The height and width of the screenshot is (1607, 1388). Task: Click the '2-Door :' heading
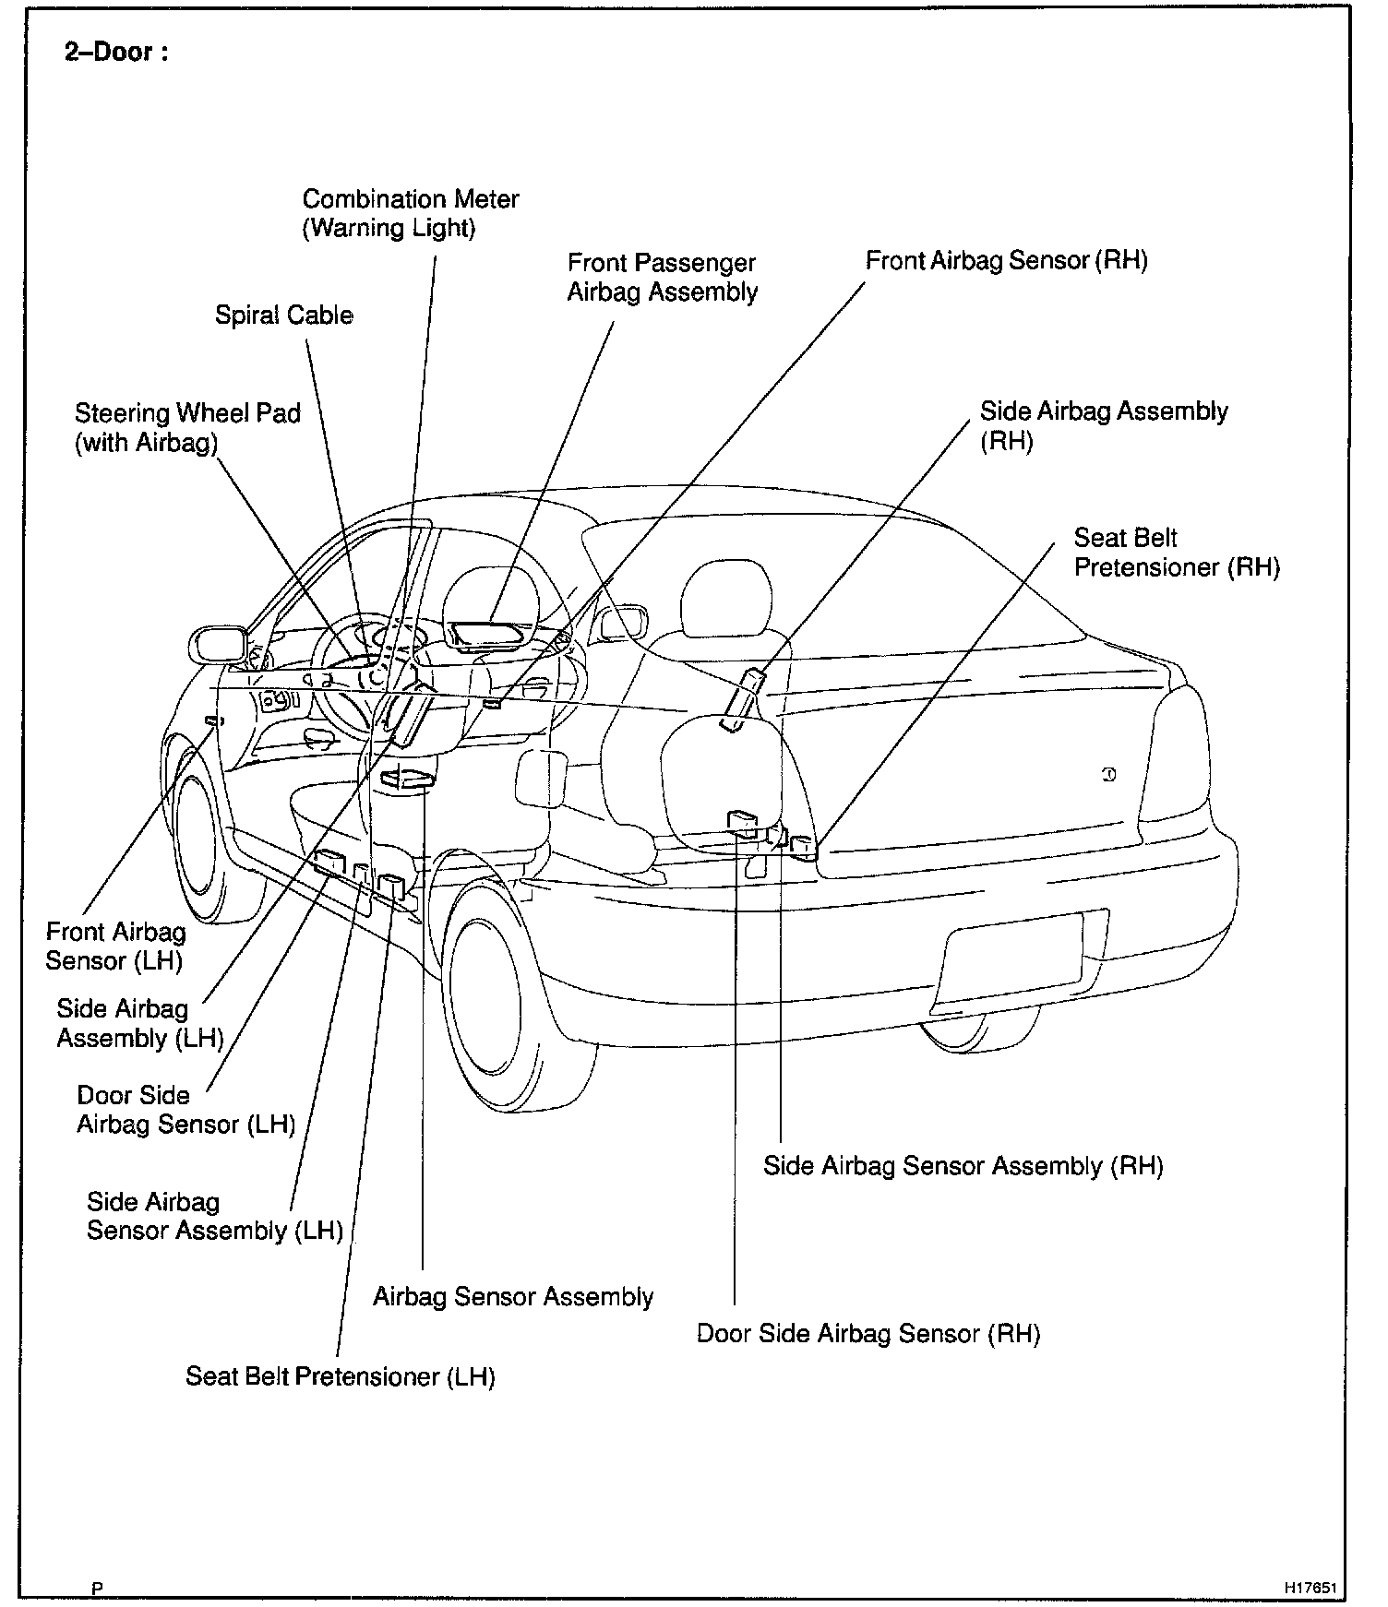(116, 53)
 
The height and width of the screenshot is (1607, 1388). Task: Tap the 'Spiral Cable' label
(284, 315)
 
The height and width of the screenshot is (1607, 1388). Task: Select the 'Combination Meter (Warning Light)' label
(411, 214)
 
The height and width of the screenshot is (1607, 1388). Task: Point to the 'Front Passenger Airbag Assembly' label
(662, 278)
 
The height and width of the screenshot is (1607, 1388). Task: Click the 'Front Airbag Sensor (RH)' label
(1006, 261)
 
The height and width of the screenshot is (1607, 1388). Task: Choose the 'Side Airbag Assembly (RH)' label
(1103, 425)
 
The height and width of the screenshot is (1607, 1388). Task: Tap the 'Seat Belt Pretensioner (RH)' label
(1177, 553)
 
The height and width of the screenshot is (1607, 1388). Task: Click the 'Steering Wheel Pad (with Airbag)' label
(187, 427)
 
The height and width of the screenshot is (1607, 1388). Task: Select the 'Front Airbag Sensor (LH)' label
(115, 946)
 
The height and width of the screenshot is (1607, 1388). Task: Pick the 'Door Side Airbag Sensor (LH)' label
(185, 1110)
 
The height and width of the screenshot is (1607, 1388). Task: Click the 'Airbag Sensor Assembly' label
(512, 1297)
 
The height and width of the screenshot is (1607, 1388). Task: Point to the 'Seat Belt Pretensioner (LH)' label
(341, 1377)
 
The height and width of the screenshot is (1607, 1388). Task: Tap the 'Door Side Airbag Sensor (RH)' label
(867, 1334)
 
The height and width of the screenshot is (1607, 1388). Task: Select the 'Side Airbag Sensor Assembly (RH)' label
(963, 1166)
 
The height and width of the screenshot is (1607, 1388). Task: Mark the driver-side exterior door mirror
(218, 643)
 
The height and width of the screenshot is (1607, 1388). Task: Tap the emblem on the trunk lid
(1109, 775)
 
